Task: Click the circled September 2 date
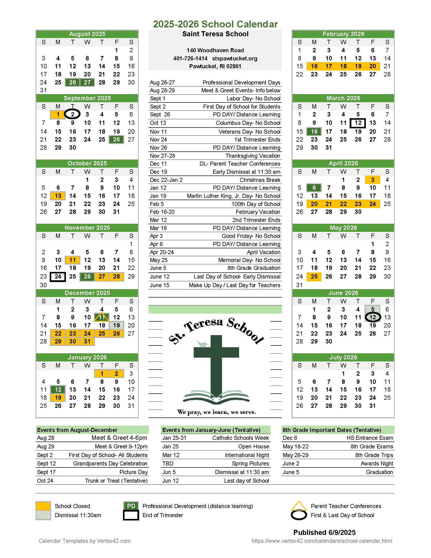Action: click(x=73, y=114)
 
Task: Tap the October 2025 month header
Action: click(x=87, y=163)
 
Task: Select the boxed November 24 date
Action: click(x=58, y=276)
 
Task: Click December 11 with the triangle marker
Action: click(x=102, y=317)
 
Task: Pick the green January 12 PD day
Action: click(x=58, y=389)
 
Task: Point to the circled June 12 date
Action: click(x=372, y=317)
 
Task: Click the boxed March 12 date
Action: click(x=358, y=123)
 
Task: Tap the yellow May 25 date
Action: click(x=314, y=276)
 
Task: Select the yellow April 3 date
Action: click(x=372, y=180)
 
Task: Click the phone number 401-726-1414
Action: click(x=190, y=59)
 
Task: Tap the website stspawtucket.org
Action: click(x=235, y=59)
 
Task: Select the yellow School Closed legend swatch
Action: click(x=43, y=506)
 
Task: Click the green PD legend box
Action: click(x=131, y=506)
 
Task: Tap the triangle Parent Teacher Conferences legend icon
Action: click(x=298, y=506)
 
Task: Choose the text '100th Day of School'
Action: click(x=256, y=204)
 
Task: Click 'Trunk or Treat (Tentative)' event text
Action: click(x=116, y=481)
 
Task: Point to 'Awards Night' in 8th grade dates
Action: click(x=376, y=463)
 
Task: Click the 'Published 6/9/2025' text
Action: click(x=324, y=532)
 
